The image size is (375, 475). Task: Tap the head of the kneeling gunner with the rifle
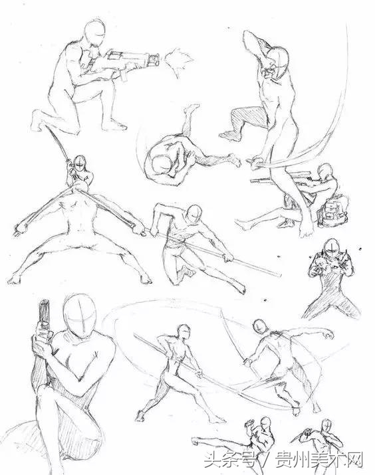(x=95, y=33)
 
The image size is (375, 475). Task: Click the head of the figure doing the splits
(x=80, y=165)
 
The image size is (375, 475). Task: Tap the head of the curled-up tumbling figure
(x=162, y=165)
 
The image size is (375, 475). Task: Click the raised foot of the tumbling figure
(x=191, y=108)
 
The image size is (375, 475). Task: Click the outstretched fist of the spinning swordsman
(x=328, y=334)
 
